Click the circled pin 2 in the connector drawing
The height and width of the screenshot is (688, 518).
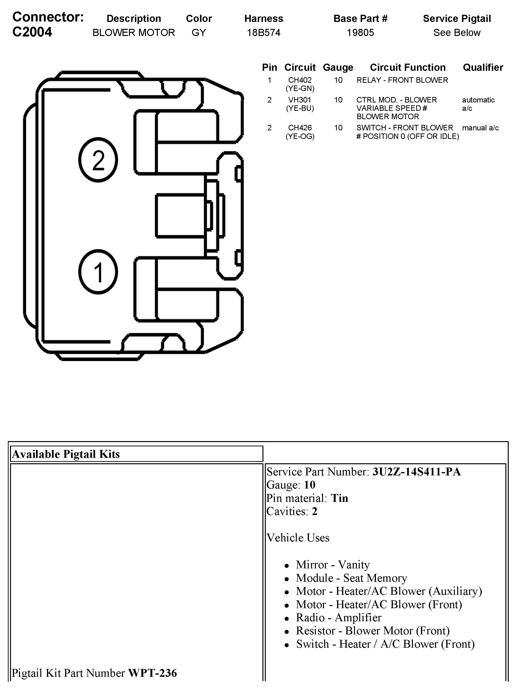98,160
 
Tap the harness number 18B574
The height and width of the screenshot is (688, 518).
263,33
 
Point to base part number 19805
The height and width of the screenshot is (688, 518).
360,33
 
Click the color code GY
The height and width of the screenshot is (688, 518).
199,33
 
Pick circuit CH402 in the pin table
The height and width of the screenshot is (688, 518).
300,80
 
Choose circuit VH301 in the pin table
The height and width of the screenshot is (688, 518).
300,100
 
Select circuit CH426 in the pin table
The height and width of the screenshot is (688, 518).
300,128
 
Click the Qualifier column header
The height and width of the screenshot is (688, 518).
483,67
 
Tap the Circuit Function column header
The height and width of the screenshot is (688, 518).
408,67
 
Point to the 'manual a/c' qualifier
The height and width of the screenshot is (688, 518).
480,128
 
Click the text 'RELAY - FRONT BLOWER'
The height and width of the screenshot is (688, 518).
402,80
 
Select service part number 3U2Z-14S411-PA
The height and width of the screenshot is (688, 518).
416,472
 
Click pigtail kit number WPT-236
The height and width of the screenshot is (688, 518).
153,673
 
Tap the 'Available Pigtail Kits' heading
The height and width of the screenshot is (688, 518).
66,454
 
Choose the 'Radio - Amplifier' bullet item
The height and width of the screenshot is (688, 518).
338,617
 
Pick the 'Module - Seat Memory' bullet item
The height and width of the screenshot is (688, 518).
351,578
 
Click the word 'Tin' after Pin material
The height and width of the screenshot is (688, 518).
339,498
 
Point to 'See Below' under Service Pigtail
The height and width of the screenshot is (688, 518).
457,33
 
